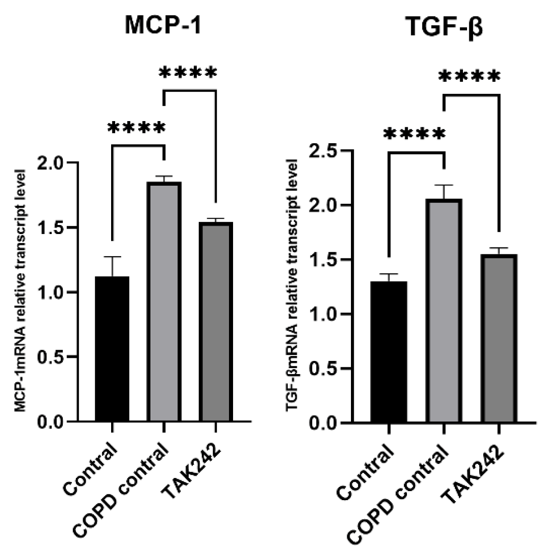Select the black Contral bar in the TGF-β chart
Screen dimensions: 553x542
[x=388, y=352]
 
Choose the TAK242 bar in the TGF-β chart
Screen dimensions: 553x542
[x=499, y=339]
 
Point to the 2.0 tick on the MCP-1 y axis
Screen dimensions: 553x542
[x=57, y=163]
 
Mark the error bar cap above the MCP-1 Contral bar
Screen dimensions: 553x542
[x=112, y=257]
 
